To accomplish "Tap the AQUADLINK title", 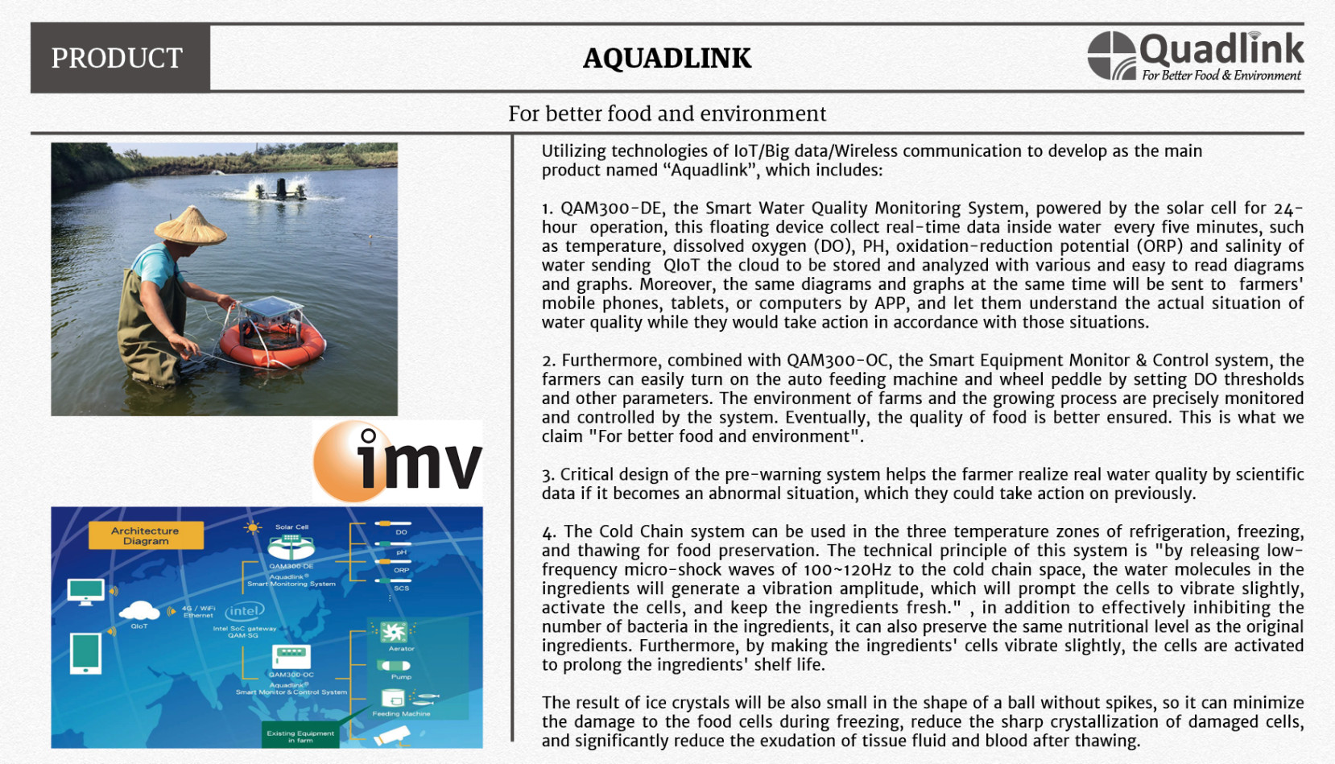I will [667, 58].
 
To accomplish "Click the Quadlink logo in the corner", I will [1195, 56].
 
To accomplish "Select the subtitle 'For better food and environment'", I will [667, 114].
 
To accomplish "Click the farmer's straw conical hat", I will [190, 225].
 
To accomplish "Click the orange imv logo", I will [397, 461].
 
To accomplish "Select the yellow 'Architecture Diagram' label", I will [146, 536].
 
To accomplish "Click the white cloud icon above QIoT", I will [139, 609].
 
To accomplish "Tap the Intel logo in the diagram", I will [244, 611].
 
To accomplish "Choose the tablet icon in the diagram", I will [85, 653].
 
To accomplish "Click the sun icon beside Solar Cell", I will [253, 528].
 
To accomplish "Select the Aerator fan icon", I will [393, 631].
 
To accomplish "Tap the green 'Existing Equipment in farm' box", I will [300, 736].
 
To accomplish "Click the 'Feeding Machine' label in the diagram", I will [401, 713].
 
